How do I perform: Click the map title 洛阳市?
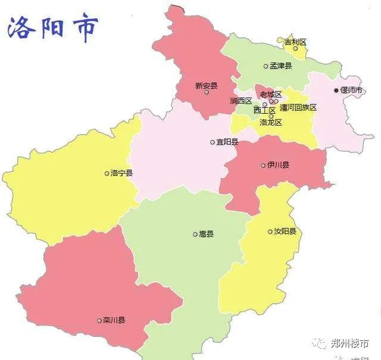pos(52,28)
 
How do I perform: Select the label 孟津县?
pos(280,66)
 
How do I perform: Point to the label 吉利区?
pos(295,42)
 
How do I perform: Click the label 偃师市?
pos(351,90)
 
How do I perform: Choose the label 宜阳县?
pos(227,142)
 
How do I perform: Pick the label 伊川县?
pos(278,165)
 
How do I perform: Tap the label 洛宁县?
pos(122,173)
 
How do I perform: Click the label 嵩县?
pos(206,234)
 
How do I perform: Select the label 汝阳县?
pos(285,231)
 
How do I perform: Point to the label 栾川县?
pos(114,320)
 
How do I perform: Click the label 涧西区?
pos(241,101)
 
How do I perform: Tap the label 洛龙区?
pos(271,122)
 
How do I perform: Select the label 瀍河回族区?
pos(298,108)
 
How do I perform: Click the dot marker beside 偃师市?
pos(336,90)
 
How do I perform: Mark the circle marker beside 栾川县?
pos(99,320)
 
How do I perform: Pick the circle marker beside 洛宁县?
pos(107,173)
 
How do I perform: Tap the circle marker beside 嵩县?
pos(195,234)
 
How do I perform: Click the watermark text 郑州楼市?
pos(349,344)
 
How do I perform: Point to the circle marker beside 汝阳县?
pos(270,231)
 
